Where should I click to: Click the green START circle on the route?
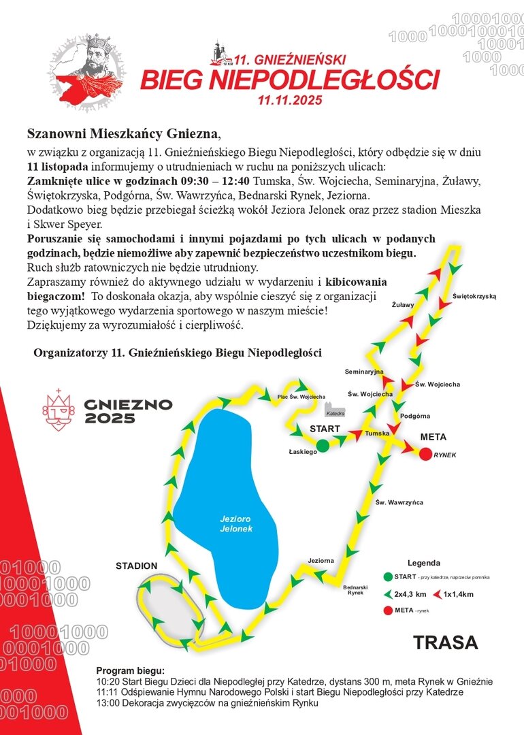click(x=323, y=445)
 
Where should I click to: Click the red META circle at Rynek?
click(x=426, y=454)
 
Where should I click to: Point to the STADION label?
click(x=136, y=566)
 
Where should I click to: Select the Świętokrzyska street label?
click(x=474, y=296)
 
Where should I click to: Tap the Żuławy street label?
click(x=403, y=305)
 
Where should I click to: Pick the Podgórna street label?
click(x=415, y=415)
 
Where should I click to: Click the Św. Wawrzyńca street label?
click(x=399, y=502)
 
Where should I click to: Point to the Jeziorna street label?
click(x=321, y=560)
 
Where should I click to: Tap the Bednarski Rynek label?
click(x=355, y=589)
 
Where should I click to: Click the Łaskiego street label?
click(x=304, y=451)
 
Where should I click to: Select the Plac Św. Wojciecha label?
click(x=301, y=396)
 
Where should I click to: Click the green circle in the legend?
click(x=387, y=577)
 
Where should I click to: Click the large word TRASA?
click(x=446, y=642)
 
